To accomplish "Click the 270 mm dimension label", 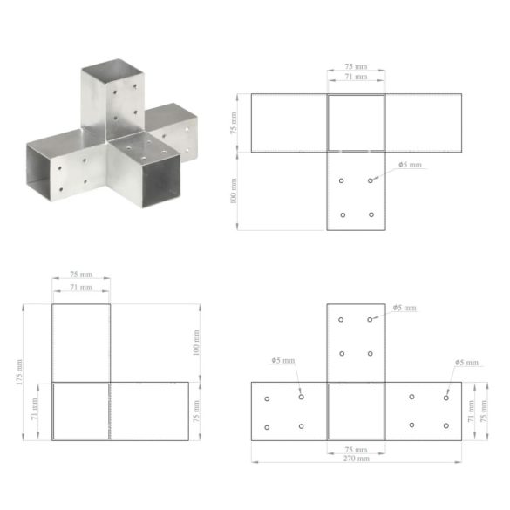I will [x=356, y=458].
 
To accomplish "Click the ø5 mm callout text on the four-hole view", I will [x=409, y=165].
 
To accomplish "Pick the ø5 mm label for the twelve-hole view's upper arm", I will [x=405, y=308].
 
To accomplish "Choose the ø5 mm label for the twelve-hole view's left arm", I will [x=282, y=360].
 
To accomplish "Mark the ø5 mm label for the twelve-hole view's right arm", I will [x=466, y=362].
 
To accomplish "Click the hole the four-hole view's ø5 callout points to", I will [x=371, y=180].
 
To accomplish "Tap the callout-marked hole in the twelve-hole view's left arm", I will [x=302, y=397].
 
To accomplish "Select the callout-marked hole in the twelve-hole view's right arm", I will [x=445, y=398].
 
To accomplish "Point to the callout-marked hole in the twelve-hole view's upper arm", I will [x=371, y=320].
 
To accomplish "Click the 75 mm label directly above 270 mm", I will [x=356, y=449].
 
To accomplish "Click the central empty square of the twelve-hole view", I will [x=356, y=411].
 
